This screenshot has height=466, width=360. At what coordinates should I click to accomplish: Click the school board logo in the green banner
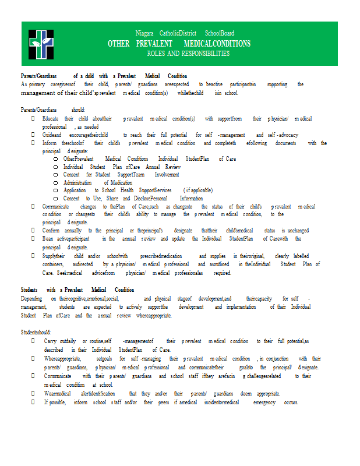pyautogui.click(x=41, y=44)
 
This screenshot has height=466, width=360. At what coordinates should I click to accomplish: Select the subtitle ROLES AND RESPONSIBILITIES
pyautogui.click(x=188, y=54)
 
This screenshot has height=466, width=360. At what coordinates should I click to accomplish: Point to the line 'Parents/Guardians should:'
pyautogui.click(x=53, y=110)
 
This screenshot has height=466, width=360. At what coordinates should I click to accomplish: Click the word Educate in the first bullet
pyautogui.click(x=50, y=118)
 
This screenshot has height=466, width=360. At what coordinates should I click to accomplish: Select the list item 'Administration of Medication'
pyautogui.click(x=97, y=182)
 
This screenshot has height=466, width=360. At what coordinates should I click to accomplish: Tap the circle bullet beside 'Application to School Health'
pyautogui.click(x=55, y=190)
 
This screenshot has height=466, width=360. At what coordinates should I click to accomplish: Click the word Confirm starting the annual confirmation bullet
pyautogui.click(x=52, y=230)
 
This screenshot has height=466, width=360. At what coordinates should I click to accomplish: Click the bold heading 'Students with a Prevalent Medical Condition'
pyautogui.click(x=77, y=290)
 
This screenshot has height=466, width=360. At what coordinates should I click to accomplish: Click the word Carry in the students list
pyautogui.click(x=50, y=341)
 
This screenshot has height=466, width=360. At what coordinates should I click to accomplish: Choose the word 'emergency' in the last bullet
pyautogui.click(x=264, y=403)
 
